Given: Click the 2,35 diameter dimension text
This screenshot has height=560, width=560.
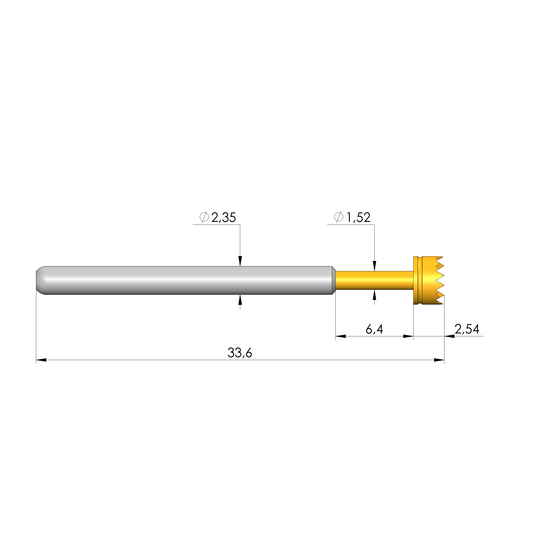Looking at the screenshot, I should [x=223, y=217].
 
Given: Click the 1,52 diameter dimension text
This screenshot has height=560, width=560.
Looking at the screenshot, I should [x=358, y=217].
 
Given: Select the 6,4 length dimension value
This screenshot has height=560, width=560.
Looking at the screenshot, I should [x=374, y=329].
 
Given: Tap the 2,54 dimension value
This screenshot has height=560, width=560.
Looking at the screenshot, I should [x=467, y=329].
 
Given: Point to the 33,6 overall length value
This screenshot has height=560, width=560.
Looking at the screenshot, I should [x=240, y=353].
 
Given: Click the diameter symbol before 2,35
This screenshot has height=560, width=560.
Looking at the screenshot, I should [x=204, y=217].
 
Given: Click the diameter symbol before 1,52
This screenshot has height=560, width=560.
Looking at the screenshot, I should [x=339, y=217].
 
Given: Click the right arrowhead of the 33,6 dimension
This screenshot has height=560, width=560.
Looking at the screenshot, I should [x=439, y=360].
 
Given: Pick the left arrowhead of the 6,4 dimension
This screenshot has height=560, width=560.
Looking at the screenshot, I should [x=341, y=336].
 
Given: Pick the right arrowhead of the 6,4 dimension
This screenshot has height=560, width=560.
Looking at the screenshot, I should [x=408, y=336].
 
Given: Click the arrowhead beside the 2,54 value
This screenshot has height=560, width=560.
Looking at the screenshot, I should [x=449, y=336].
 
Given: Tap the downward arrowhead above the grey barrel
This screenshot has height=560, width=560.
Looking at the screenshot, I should [x=240, y=261].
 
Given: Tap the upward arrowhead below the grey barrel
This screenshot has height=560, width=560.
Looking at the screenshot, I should [x=240, y=300].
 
